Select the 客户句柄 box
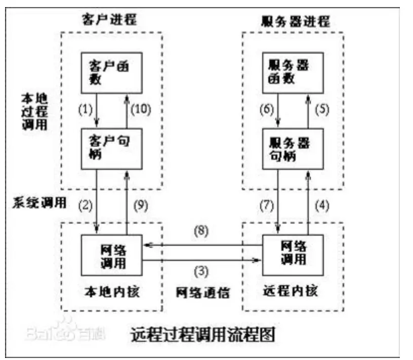tap(111, 147)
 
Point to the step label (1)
tap(87, 109)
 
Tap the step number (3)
tap(202, 271)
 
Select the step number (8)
tap(202, 230)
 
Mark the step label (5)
tap(323, 109)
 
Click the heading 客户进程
tap(110, 20)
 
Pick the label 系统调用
tap(39, 203)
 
